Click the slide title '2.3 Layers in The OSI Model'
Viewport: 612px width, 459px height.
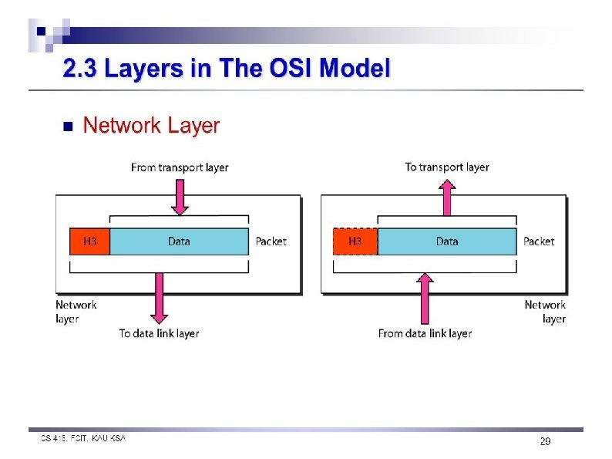(227, 69)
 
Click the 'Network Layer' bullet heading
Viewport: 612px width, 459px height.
(151, 126)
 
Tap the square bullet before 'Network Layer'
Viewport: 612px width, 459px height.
(66, 127)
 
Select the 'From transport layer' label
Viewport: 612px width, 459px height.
(180, 167)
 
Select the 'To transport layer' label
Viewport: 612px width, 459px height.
(447, 167)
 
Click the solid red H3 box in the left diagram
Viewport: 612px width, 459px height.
(89, 241)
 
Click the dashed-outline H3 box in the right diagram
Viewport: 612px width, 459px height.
(355, 241)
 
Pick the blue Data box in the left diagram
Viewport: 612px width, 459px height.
(179, 241)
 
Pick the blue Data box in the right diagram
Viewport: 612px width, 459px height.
(447, 241)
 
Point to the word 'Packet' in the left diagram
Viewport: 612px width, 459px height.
(271, 241)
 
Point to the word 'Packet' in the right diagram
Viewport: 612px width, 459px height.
(539, 241)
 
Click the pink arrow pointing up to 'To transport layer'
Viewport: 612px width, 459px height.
(447, 197)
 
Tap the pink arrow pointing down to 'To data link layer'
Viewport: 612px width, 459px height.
(160, 297)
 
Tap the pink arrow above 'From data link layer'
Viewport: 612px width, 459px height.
(423, 297)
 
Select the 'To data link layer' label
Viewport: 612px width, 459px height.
(159, 333)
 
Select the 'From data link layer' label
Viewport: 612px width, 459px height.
(425, 333)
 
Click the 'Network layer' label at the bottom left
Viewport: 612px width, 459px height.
(76, 312)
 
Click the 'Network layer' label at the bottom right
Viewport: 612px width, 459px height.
(546, 312)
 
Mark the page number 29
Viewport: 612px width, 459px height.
(544, 442)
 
